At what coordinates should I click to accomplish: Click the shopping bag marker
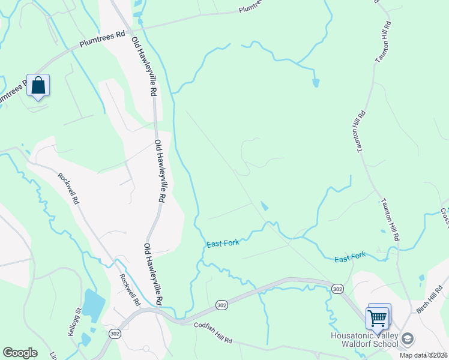coord(38,86)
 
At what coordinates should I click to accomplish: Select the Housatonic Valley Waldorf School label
coord(364,340)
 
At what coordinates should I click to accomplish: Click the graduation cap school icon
coord(408,340)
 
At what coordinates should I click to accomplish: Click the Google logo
coord(20,353)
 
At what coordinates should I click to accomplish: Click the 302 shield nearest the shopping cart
coord(337,289)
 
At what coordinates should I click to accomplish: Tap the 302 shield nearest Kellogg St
coord(114,332)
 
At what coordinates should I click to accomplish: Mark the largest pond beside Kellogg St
coord(93,304)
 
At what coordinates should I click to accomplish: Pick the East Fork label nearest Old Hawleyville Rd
coord(223,244)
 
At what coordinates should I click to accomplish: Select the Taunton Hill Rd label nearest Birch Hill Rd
coord(388,220)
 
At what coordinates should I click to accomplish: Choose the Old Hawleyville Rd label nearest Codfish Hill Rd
coord(154,273)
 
